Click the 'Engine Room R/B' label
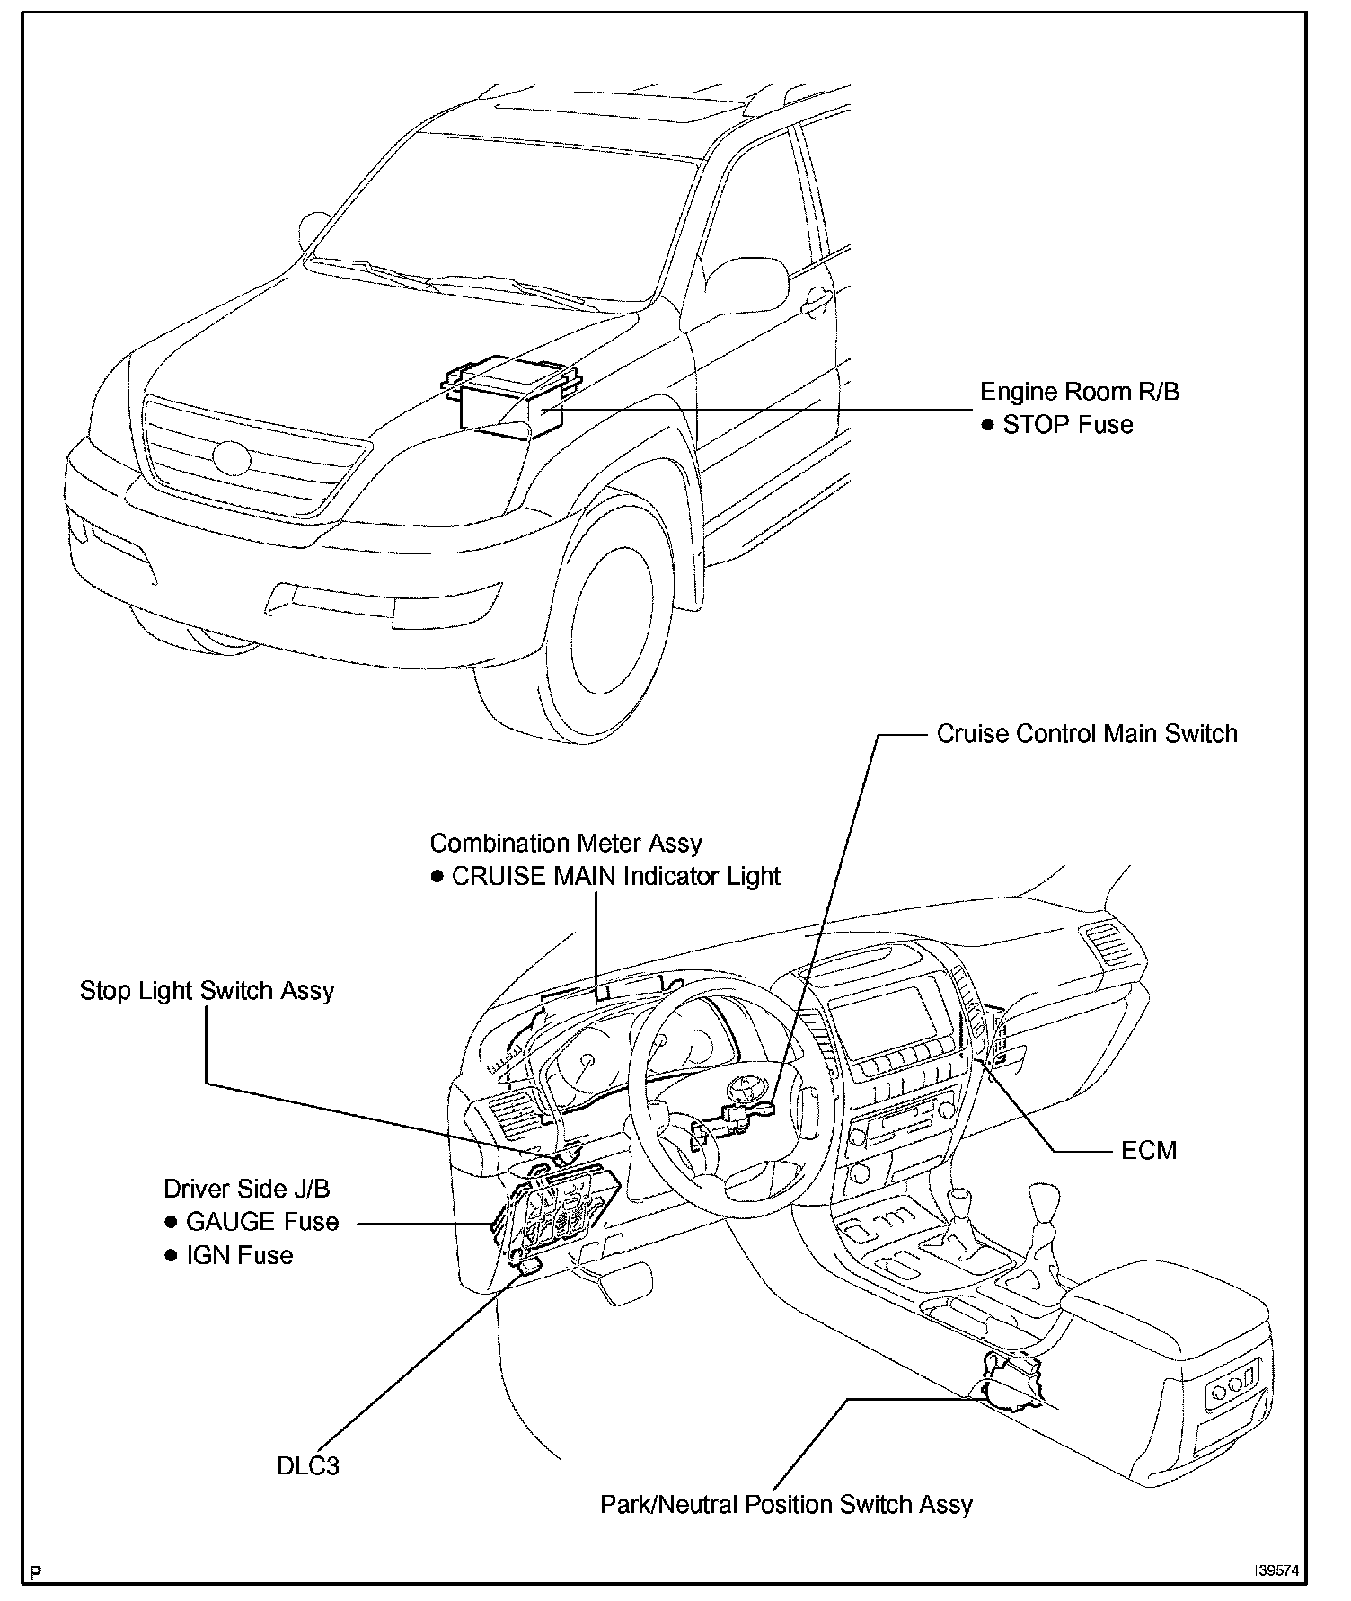click(1079, 392)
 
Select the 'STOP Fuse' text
click(1067, 425)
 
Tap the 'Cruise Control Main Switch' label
click(1087, 734)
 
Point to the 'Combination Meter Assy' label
click(566, 844)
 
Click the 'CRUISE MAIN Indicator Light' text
click(616, 877)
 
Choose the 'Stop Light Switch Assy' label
click(208, 991)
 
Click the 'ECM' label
click(1149, 1151)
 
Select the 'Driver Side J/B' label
click(247, 1190)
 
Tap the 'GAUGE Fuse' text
click(262, 1222)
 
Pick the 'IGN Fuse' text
click(240, 1255)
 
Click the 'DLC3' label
click(308, 1467)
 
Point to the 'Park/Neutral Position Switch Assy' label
click(786, 1505)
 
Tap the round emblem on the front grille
click(232, 458)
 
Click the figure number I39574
click(1280, 1571)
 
